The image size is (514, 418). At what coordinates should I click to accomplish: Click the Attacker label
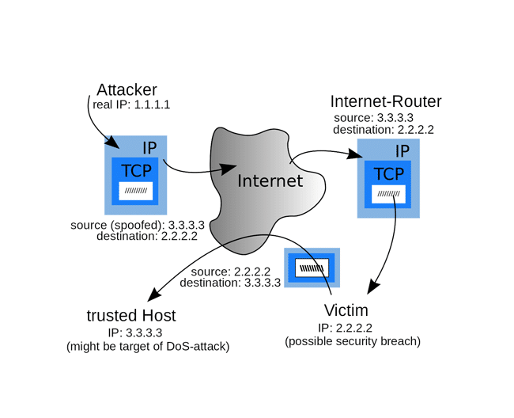(127, 89)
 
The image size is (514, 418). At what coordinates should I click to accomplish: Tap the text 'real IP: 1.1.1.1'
(131, 104)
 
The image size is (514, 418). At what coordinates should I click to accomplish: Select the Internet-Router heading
(385, 101)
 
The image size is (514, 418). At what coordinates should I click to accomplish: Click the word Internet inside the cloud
(270, 180)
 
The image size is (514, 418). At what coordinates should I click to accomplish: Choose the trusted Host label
(131, 315)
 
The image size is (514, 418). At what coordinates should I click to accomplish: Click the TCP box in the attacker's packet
(136, 169)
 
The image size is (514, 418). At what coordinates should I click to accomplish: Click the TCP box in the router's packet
(388, 174)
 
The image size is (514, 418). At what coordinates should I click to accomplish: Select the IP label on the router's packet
(402, 150)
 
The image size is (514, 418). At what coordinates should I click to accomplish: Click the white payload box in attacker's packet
(136, 190)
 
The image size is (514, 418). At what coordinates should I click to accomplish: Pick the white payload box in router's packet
(388, 194)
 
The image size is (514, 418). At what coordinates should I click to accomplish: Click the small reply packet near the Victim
(312, 268)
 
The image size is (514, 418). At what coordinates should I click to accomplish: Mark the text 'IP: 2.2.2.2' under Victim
(346, 328)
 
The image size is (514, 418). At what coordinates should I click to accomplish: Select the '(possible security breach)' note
(353, 341)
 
